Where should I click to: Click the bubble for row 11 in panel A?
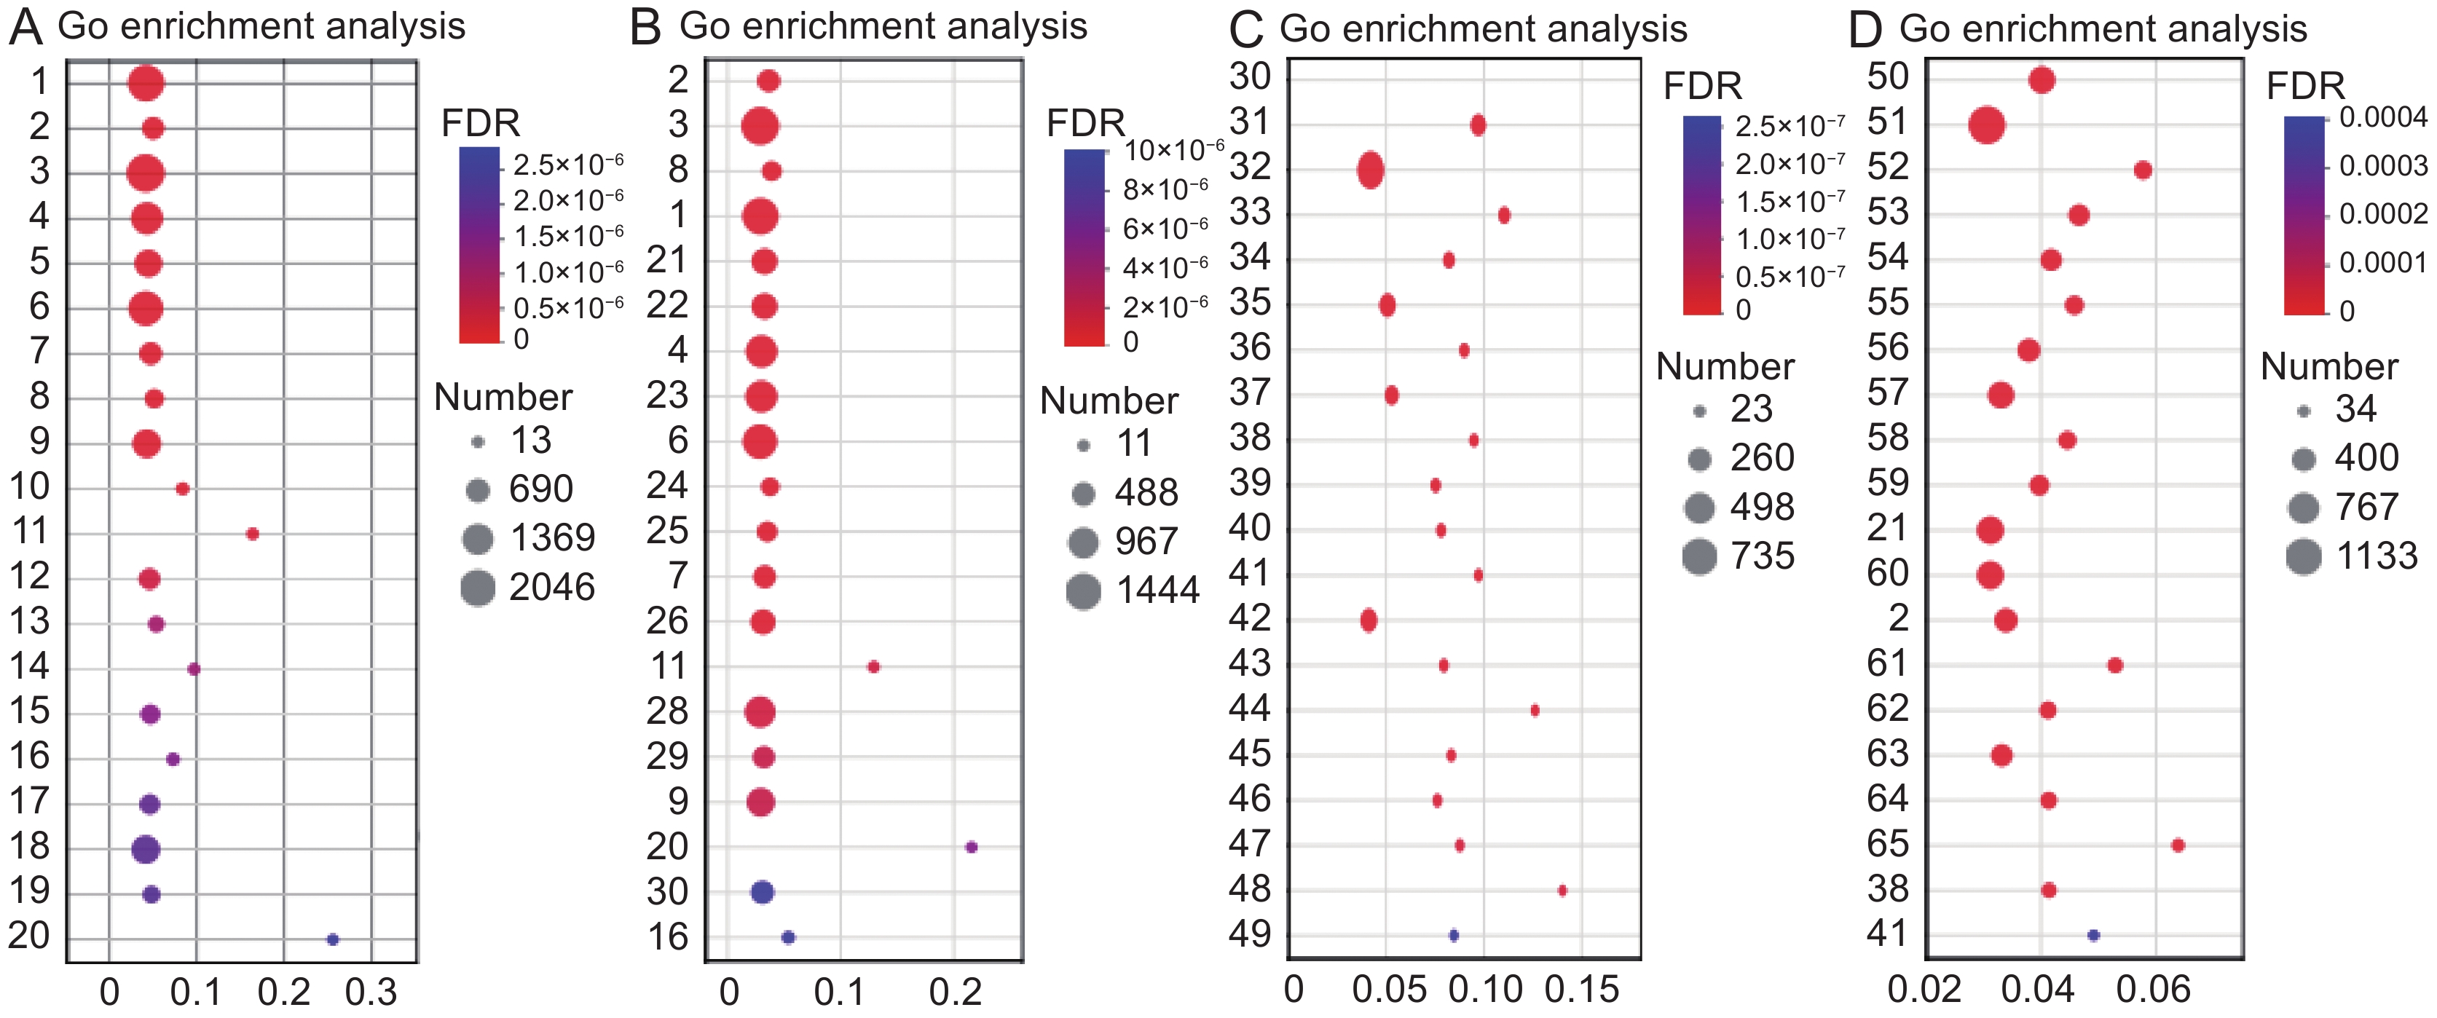pos(252,534)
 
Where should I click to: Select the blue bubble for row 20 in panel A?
pos(332,939)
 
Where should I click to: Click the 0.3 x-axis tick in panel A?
pos(371,992)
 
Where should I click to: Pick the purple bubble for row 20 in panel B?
pos(971,847)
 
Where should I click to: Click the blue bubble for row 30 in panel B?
pos(763,891)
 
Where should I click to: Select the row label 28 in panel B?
pos(667,711)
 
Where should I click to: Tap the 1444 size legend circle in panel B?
pos(1083,591)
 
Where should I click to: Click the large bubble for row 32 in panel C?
pos(1371,171)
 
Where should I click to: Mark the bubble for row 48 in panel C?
pos(1562,891)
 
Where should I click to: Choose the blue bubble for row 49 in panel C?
pos(1454,936)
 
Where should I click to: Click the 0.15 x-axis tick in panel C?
pos(1582,990)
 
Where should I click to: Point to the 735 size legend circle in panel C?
pos(1700,556)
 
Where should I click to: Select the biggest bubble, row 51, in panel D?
pos(1987,125)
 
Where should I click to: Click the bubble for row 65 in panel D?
pos(2178,845)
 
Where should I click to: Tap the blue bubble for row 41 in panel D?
pos(2093,936)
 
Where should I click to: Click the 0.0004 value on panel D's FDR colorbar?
pos(2383,117)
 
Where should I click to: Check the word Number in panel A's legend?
pos(503,398)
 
